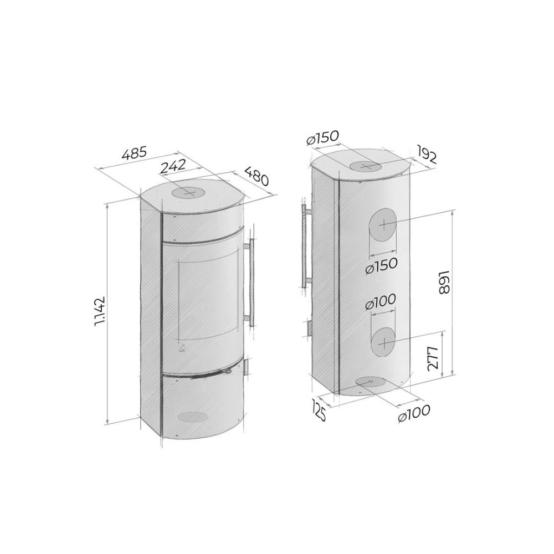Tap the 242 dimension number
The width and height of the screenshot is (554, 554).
[172, 166]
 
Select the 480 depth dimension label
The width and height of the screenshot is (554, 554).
[257, 176]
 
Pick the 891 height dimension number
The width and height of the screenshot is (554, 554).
[443, 283]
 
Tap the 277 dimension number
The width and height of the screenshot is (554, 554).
[433, 358]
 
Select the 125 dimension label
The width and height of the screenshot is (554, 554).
[319, 409]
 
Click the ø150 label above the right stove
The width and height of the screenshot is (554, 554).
[323, 137]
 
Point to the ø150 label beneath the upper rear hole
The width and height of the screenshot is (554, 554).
[382, 266]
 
